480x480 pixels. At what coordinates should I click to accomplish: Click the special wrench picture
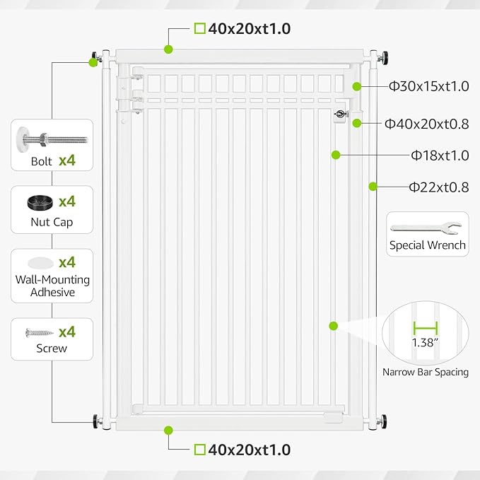point(427,228)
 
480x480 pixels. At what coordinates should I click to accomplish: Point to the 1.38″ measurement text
point(426,342)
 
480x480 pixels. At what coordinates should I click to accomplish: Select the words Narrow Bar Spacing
point(426,372)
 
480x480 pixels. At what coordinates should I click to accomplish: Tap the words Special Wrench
point(427,245)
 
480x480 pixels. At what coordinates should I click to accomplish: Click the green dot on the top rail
point(168,49)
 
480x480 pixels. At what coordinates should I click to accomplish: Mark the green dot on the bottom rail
point(168,430)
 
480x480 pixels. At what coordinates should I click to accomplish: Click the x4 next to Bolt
point(67,160)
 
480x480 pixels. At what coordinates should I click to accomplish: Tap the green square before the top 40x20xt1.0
point(199,29)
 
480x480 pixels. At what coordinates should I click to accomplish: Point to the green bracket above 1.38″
point(426,327)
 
